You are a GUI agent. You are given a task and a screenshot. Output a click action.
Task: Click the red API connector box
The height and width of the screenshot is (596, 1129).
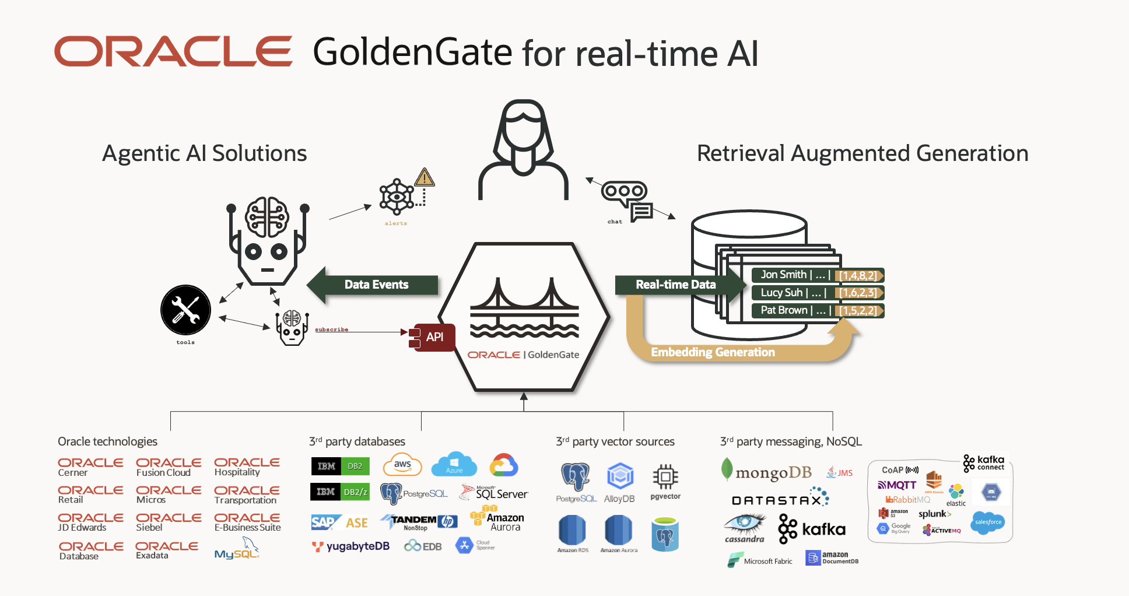[433, 337]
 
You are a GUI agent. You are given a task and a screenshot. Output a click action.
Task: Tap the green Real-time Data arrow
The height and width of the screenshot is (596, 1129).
[676, 285]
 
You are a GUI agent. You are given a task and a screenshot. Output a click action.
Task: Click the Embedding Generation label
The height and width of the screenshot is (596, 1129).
[713, 352]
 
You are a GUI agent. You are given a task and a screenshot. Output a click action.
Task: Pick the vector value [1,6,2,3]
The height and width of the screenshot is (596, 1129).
[858, 293]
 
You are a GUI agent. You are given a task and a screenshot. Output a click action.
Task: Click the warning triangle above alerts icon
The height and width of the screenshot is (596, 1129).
[425, 177]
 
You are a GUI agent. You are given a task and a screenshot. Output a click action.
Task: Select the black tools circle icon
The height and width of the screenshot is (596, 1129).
[185, 310]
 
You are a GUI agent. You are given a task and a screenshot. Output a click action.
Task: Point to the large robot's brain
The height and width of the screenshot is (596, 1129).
[267, 216]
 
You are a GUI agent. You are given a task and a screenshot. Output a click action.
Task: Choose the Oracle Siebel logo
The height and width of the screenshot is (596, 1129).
[168, 522]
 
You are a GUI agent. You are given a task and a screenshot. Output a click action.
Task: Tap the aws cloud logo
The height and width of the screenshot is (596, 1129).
[402, 465]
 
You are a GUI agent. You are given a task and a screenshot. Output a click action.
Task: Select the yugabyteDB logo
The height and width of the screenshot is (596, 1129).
[351, 546]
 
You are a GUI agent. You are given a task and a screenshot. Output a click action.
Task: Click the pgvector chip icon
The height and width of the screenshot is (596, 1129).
[665, 477]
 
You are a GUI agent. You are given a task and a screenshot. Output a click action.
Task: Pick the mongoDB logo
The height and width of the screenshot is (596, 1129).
[767, 471]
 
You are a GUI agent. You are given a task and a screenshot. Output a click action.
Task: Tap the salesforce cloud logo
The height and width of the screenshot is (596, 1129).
[988, 522]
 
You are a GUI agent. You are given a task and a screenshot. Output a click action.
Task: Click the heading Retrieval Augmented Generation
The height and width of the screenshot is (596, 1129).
[862, 153]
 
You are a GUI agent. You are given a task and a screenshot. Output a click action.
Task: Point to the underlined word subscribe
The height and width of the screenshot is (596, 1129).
[331, 329]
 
